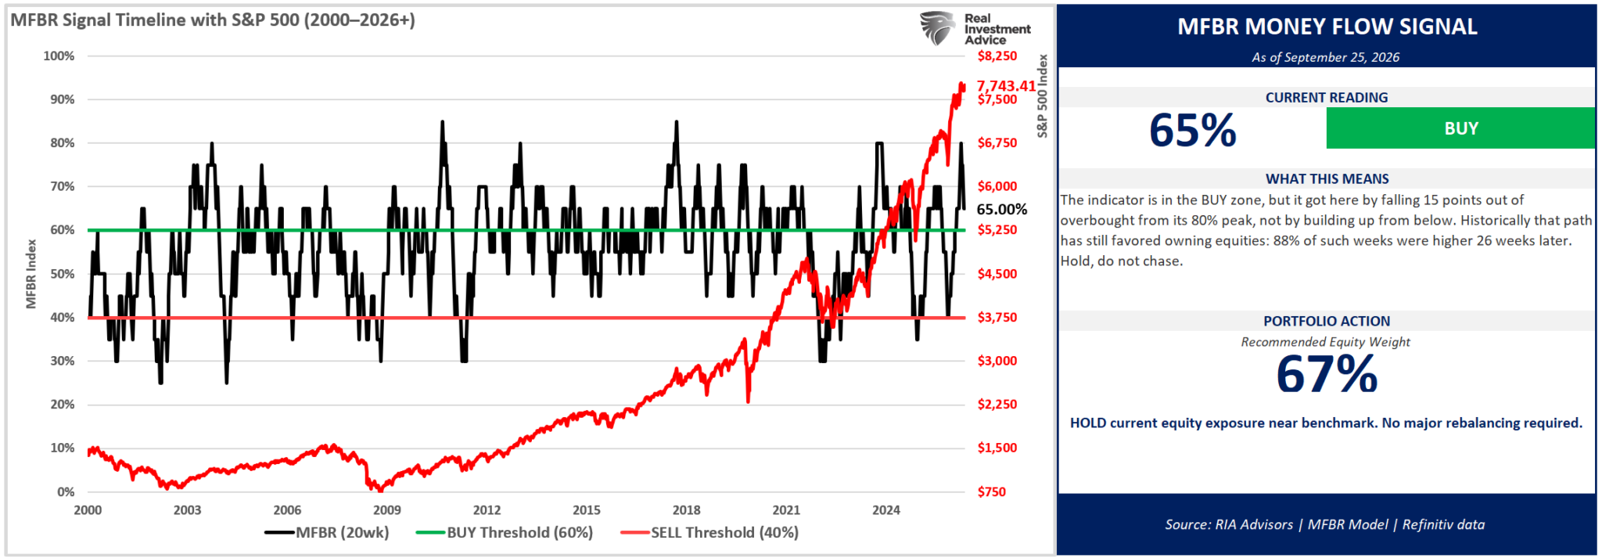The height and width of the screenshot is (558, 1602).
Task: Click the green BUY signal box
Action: coord(1460,128)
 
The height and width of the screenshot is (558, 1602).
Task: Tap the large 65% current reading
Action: coord(1193,130)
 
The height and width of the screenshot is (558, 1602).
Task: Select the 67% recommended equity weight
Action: coord(1327,374)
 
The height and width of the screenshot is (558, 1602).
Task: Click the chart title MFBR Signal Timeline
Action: coord(213,20)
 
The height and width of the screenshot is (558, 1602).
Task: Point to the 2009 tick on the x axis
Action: coord(386,510)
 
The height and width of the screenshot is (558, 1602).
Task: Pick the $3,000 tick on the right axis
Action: coord(997,361)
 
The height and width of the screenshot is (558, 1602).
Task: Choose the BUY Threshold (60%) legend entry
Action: coord(505,533)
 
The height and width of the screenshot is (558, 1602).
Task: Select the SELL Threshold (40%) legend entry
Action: coord(709,533)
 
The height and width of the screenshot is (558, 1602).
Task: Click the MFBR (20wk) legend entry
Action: coord(327,533)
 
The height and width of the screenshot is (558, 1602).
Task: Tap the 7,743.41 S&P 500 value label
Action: coord(1006,85)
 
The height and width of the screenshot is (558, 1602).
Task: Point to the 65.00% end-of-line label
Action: coord(1002,209)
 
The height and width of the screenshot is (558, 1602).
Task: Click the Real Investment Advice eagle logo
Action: coord(937,28)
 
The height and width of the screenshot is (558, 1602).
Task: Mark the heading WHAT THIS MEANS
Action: coord(1327,179)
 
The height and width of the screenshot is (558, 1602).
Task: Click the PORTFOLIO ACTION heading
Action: coord(1327,321)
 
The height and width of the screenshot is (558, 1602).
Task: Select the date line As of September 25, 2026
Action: coord(1326,57)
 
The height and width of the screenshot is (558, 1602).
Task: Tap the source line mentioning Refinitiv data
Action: coord(1325,524)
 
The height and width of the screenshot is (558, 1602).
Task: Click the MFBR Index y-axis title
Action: coord(31,274)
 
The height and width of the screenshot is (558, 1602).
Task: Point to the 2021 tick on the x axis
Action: coord(786,510)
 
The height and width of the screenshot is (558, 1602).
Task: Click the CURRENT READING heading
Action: coord(1327,98)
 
